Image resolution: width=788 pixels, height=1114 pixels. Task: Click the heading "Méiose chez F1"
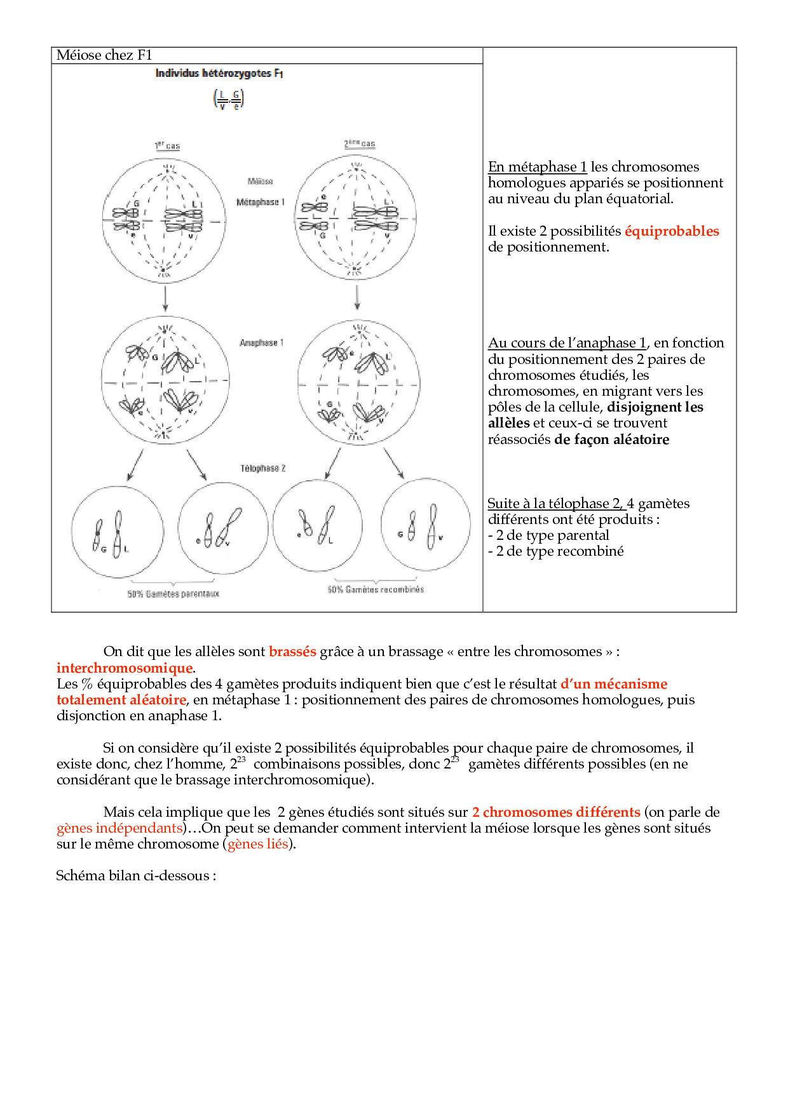click(104, 55)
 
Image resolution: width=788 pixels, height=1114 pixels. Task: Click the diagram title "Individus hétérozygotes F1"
click(219, 74)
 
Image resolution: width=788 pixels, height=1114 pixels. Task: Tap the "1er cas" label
click(167, 146)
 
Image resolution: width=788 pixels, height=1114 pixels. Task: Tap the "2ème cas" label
click(360, 144)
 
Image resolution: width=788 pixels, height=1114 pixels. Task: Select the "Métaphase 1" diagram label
click(261, 202)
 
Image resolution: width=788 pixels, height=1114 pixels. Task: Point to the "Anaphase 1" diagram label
click(261, 343)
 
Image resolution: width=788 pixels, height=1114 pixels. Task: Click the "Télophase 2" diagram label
click(262, 469)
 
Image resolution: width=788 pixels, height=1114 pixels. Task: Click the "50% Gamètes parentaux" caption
click(173, 594)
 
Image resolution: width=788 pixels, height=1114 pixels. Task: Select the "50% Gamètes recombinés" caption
click(376, 589)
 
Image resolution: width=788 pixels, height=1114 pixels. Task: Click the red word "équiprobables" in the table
click(672, 231)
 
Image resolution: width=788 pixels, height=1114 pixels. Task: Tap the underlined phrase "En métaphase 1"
click(537, 167)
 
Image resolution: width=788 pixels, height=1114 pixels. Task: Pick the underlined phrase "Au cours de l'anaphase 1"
click(567, 343)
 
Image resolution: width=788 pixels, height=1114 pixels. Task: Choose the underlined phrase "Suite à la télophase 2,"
click(556, 504)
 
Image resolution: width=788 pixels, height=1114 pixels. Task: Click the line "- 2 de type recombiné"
click(556, 551)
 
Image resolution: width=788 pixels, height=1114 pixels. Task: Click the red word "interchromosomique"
click(125, 668)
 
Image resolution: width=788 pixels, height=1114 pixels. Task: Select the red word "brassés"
click(292, 652)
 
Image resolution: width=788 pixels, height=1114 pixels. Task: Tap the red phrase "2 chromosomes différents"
click(556, 812)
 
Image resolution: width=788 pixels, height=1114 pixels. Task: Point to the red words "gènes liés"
click(258, 844)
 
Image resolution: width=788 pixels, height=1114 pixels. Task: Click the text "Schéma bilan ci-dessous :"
click(136, 876)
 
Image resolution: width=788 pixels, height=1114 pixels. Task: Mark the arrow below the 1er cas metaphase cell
click(165, 298)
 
